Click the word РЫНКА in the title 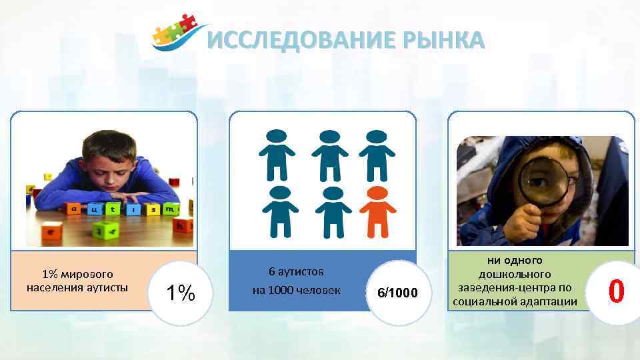pyautogui.click(x=443, y=41)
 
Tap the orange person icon pyautogui.click(x=377, y=209)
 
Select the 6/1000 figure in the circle pyautogui.click(x=397, y=293)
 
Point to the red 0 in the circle pyautogui.click(x=617, y=292)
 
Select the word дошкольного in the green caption pyautogui.click(x=514, y=274)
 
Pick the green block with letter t pyautogui.click(x=112, y=209)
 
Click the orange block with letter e pyautogui.click(x=53, y=232)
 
